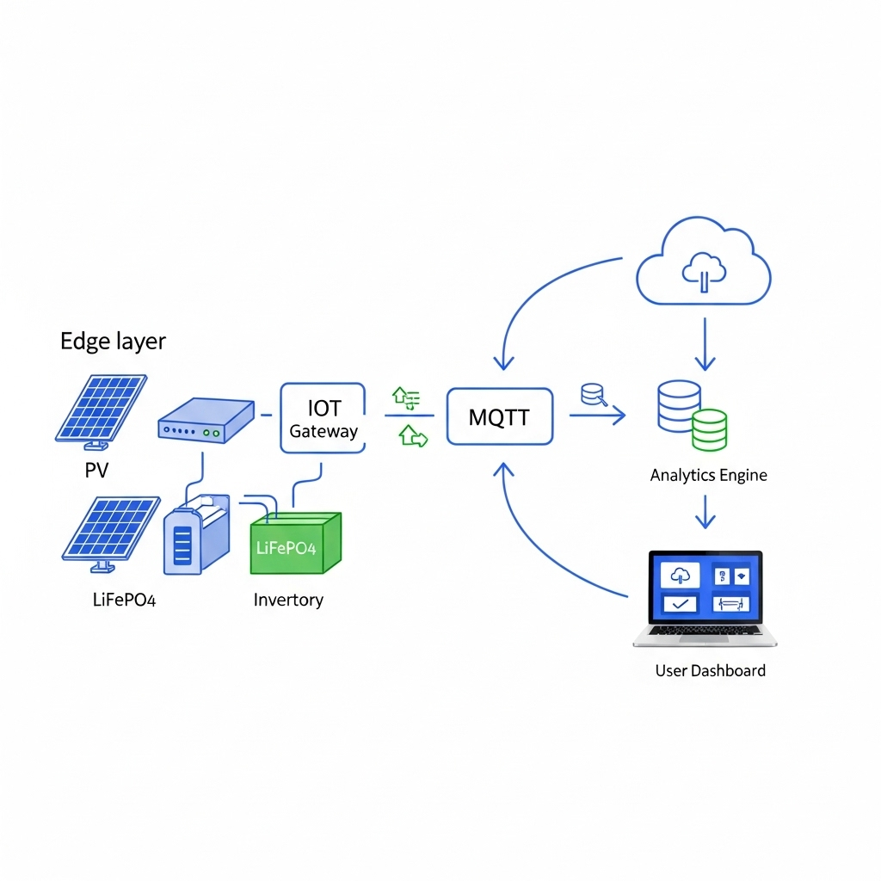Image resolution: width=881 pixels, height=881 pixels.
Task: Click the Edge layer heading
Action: pos(113,342)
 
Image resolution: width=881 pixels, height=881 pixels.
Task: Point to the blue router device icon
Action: pos(206,421)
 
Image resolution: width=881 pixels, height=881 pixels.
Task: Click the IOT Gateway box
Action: pos(323,418)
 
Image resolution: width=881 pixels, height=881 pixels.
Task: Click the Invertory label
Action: pos(288,600)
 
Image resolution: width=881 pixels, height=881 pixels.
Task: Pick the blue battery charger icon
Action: pos(195,534)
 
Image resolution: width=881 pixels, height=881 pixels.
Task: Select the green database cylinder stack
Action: pos(709,429)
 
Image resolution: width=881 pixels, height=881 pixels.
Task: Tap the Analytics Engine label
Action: pos(708,475)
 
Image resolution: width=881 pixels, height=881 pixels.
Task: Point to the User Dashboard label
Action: pos(710,670)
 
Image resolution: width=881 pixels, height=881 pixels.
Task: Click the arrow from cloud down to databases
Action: pos(705,344)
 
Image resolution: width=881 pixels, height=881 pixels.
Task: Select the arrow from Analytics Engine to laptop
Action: pos(705,512)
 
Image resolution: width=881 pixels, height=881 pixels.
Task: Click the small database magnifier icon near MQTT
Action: pos(594,395)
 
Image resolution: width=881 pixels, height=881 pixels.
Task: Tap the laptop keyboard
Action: pos(705,632)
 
